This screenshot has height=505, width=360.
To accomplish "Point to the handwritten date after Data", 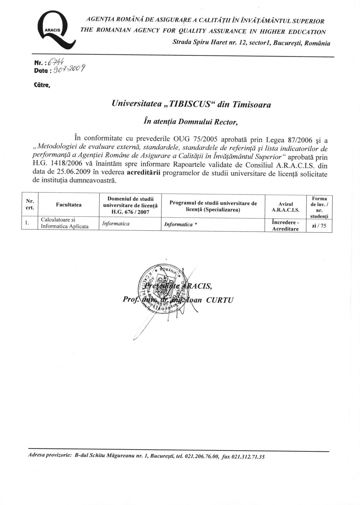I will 69,69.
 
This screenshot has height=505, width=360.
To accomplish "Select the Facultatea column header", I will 68,205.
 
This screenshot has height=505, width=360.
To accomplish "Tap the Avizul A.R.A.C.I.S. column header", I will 286,207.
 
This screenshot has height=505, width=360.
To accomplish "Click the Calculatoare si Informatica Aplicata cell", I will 65,223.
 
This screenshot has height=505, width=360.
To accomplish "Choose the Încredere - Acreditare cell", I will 286,226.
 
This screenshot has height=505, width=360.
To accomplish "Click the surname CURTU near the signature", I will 220,300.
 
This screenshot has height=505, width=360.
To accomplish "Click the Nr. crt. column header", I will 30,205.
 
